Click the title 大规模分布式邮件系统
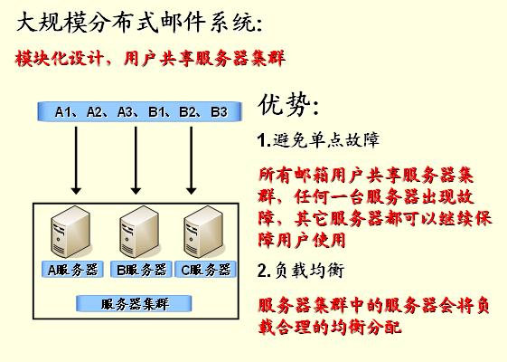(x=139, y=22)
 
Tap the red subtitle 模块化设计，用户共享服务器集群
(x=150, y=58)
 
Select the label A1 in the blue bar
(x=63, y=112)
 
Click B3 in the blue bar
(x=220, y=112)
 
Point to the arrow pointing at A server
(x=76, y=160)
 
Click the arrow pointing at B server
(x=136, y=160)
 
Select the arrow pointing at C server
(x=191, y=160)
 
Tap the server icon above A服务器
(x=70, y=232)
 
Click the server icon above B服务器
(x=139, y=232)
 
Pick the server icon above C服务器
(x=203, y=232)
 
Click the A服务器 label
(x=72, y=270)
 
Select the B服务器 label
(x=141, y=270)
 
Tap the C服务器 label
(x=206, y=270)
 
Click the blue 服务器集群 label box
(x=134, y=304)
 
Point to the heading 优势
(x=288, y=105)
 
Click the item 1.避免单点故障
(x=318, y=140)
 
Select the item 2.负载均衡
(x=301, y=270)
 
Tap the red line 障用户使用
(x=302, y=240)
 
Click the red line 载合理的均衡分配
(x=330, y=327)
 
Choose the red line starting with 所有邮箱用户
(x=366, y=176)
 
